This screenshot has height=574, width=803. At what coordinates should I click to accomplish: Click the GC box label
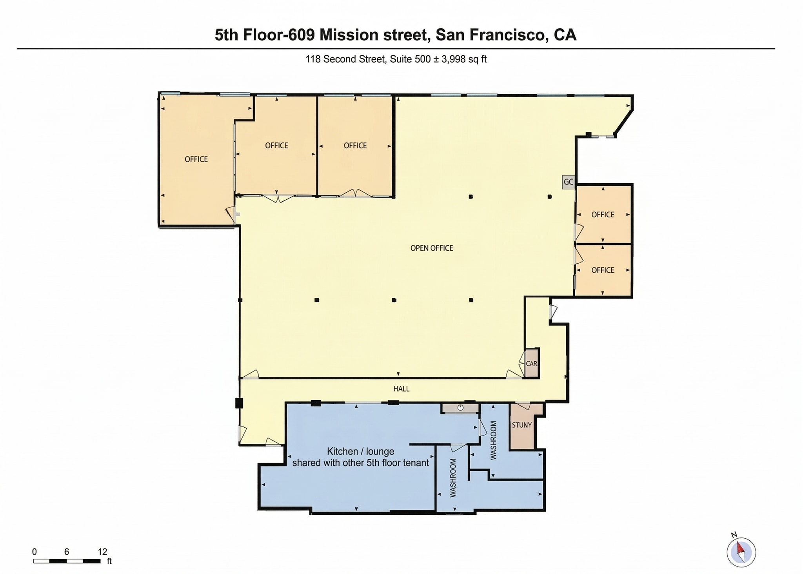tap(568, 182)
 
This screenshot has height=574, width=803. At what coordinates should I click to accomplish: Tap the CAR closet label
tap(531, 364)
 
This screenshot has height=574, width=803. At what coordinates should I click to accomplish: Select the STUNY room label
tap(521, 425)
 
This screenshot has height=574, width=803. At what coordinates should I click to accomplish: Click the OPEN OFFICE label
tap(431, 248)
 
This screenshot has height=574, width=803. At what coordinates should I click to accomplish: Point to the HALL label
tap(401, 389)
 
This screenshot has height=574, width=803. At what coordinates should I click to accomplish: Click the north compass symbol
tap(741, 552)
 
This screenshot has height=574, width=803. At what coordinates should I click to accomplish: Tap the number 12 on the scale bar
tap(102, 552)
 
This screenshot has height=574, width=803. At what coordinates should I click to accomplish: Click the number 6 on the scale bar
tap(67, 552)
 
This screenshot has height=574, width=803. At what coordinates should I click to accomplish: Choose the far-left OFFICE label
tap(196, 159)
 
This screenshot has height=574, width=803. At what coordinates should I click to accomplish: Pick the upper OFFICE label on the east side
tap(603, 215)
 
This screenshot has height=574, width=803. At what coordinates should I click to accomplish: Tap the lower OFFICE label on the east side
tap(603, 270)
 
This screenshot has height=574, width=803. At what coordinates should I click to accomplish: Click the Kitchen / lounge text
tap(360, 452)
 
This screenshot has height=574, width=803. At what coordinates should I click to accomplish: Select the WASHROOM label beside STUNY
tap(494, 440)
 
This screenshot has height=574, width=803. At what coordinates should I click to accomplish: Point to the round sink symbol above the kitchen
tap(460, 408)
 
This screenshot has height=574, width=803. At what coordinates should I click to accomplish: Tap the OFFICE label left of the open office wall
tap(355, 146)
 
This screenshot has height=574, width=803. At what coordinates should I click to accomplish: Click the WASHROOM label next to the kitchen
tap(453, 478)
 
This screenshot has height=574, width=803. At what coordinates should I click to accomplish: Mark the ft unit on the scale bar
tap(109, 561)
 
